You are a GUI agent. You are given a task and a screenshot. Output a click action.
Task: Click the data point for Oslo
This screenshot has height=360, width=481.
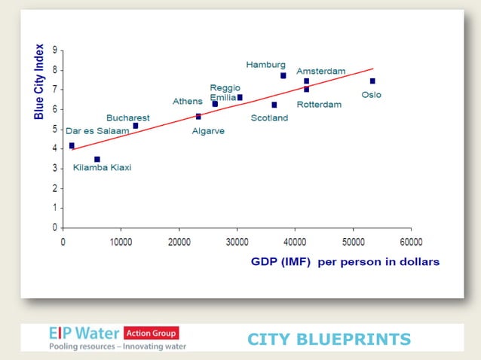(x=372, y=81)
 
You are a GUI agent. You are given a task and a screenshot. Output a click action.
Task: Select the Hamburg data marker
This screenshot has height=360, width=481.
(x=283, y=75)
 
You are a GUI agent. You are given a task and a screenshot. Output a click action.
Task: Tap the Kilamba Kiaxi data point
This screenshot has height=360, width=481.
(x=97, y=159)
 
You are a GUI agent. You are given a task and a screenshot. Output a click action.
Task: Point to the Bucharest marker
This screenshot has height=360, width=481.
(x=136, y=126)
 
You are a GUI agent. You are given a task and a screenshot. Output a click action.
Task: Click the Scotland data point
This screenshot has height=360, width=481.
(x=274, y=105)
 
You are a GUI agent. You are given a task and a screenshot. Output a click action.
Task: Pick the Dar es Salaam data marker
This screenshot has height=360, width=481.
(x=72, y=145)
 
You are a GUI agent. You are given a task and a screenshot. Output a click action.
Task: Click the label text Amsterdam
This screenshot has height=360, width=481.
(x=320, y=71)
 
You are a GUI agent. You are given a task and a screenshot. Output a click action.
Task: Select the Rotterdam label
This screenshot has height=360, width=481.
(x=319, y=105)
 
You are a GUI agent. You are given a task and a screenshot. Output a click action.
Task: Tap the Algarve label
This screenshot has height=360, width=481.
(x=208, y=130)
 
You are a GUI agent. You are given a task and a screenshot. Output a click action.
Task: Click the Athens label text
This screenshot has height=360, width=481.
(x=187, y=101)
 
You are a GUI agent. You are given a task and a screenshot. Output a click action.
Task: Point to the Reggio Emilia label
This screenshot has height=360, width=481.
(x=225, y=93)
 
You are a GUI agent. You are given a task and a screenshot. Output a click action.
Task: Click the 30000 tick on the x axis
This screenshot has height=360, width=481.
(x=237, y=243)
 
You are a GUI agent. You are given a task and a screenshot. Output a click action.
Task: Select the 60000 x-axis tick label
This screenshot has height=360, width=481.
(x=411, y=243)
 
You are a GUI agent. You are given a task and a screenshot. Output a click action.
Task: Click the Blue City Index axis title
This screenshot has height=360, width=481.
(x=39, y=81)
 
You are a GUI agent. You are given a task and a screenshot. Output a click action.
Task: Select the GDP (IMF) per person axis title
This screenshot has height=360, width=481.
(x=345, y=262)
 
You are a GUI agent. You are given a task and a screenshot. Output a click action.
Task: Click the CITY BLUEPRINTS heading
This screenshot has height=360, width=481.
(x=329, y=340)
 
